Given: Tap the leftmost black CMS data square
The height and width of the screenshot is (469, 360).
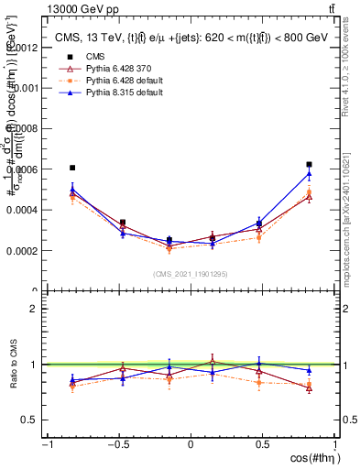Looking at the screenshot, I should click(x=72, y=168).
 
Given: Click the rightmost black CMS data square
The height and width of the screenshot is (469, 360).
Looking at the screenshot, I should click(x=309, y=165).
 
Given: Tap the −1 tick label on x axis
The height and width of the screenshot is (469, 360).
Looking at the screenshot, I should click(x=47, y=443).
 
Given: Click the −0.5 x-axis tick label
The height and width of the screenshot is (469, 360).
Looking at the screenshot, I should click(x=117, y=443).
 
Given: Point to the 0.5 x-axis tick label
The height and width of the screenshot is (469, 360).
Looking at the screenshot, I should click(x=263, y=443).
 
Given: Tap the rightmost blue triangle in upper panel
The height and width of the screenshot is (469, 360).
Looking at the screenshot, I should click(x=309, y=173).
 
